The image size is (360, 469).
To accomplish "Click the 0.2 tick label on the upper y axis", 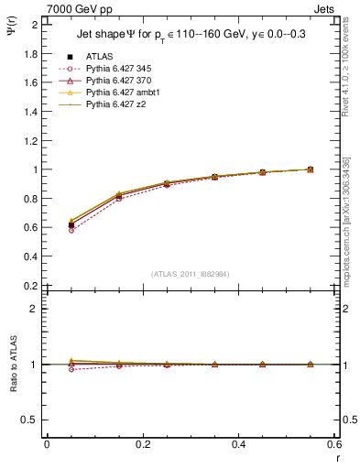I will coord(32,286).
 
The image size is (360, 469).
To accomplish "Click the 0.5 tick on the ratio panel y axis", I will coord(32,420).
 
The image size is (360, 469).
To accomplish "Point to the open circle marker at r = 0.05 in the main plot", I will coord(71,230).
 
